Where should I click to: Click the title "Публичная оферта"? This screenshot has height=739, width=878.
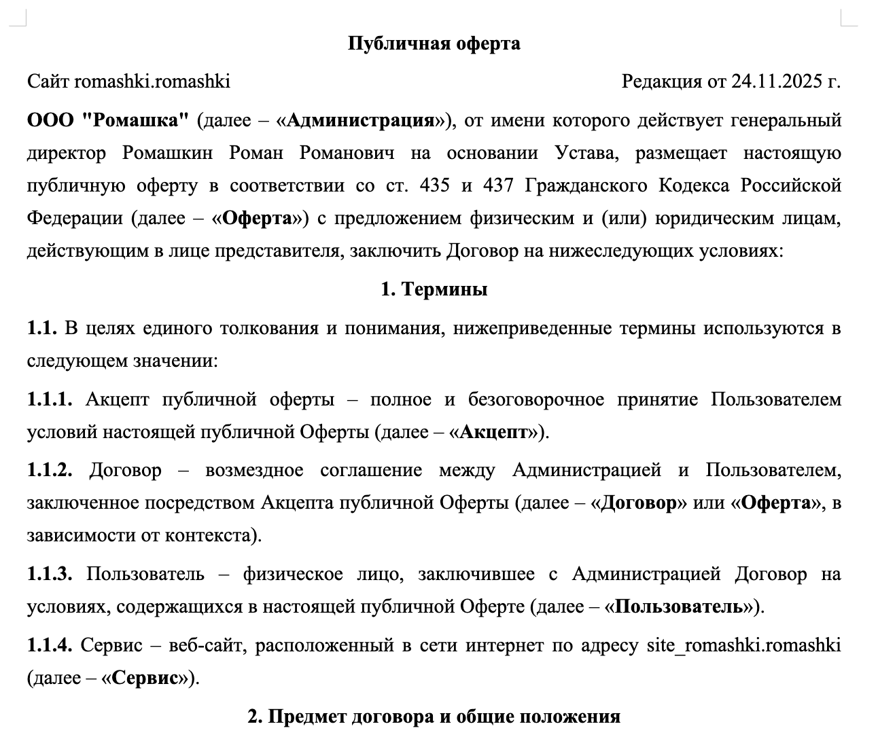click(x=434, y=43)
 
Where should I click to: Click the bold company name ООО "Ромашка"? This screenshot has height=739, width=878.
click(x=107, y=120)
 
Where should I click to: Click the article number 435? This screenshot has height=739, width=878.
click(x=434, y=185)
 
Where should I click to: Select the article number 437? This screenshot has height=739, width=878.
click(x=502, y=185)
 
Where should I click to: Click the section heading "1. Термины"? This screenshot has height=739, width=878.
click(x=434, y=289)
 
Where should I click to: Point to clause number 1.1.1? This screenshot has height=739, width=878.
click(x=50, y=399)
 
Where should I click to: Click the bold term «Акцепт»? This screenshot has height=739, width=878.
click(x=494, y=432)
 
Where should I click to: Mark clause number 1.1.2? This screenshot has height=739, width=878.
click(x=50, y=470)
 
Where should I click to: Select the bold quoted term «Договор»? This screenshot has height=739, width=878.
click(x=639, y=503)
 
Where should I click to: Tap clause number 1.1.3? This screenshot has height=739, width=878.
click(x=50, y=574)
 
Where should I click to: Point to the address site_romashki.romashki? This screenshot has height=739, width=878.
click(x=743, y=645)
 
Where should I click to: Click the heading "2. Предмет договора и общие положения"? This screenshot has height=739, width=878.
click(x=434, y=717)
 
